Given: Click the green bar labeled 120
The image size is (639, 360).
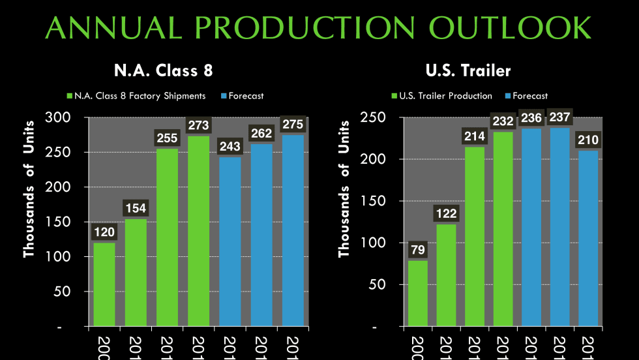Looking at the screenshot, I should click(x=104, y=284).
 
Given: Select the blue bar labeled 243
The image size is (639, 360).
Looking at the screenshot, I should click(x=230, y=241).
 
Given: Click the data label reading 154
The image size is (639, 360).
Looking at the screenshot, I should click(x=136, y=209).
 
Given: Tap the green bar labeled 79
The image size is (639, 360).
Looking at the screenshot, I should click(x=418, y=293).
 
